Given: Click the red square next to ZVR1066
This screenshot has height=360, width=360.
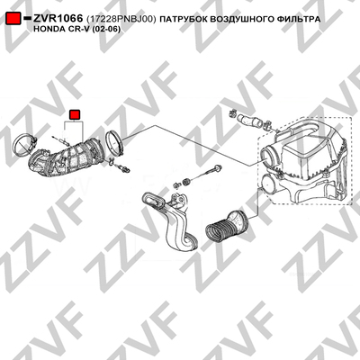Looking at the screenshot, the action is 13,18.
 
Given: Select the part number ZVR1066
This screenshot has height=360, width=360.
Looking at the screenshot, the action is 58,19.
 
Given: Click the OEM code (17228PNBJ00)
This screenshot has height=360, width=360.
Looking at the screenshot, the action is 121,20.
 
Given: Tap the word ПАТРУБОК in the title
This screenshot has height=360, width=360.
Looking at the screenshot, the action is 184,20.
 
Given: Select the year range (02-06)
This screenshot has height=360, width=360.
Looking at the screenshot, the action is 107,30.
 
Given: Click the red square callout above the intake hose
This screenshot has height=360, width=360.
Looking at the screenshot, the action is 75,114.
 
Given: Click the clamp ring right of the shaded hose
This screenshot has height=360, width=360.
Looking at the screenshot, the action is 115,141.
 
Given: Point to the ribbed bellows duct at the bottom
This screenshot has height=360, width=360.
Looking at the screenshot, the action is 226,227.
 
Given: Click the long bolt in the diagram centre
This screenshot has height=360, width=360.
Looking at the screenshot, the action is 204,174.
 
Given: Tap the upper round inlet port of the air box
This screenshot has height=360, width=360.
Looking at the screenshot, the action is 268,153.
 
